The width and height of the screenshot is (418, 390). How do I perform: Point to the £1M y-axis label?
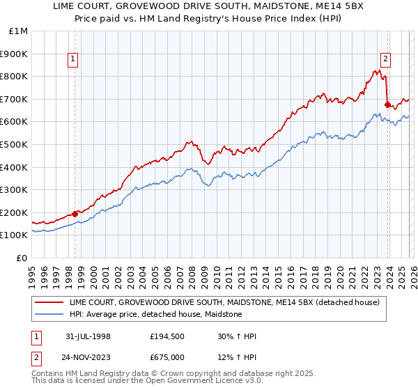click(x=18, y=31)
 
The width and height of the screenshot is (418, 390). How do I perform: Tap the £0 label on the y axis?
click(x=22, y=258)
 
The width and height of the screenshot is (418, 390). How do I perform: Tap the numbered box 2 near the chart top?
click(x=385, y=60)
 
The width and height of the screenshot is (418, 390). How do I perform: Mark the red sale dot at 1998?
click(x=75, y=214)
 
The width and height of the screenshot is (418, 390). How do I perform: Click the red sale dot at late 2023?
click(x=387, y=105)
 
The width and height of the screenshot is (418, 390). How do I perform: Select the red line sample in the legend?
click(x=49, y=302)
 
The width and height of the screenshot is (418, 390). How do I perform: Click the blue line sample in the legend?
click(x=49, y=314)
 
